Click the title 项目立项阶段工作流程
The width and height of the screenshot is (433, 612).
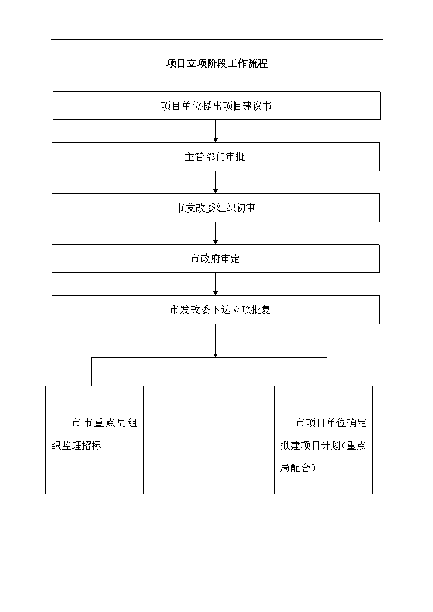pyautogui.click(x=217, y=64)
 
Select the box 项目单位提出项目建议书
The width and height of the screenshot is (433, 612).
pyautogui.click(x=216, y=105)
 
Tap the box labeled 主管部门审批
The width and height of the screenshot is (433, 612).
pyautogui.click(x=215, y=156)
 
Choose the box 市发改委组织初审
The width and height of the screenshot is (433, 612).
pyautogui.click(x=215, y=208)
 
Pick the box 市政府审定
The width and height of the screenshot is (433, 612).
pyautogui.click(x=215, y=259)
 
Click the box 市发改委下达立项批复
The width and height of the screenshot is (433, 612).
pyautogui.click(x=215, y=310)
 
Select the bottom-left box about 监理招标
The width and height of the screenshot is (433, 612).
pyautogui.click(x=94, y=440)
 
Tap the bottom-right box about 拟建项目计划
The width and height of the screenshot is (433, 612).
pyautogui.click(x=324, y=440)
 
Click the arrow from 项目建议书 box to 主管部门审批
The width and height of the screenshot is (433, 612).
pyautogui.click(x=215, y=131)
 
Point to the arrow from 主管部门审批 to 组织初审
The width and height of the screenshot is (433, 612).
pyautogui.click(x=215, y=182)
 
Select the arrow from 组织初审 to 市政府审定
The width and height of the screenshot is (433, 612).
pyautogui.click(x=215, y=233)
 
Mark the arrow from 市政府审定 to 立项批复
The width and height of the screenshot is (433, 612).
pyautogui.click(x=215, y=284)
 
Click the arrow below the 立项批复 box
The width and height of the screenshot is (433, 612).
pyautogui.click(x=215, y=341)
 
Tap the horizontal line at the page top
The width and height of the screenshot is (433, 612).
pyautogui.click(x=216, y=39)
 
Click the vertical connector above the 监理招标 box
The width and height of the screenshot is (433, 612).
pyautogui.click(x=92, y=372)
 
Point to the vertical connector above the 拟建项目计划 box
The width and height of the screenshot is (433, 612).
pyautogui.click(x=327, y=372)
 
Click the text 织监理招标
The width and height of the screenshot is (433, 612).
pyautogui.click(x=76, y=445)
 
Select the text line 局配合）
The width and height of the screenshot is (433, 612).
pyautogui.click(x=298, y=468)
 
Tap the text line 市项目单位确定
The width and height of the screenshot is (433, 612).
pyautogui.click(x=331, y=423)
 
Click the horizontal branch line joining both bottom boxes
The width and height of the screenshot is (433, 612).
pyautogui.click(x=209, y=358)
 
